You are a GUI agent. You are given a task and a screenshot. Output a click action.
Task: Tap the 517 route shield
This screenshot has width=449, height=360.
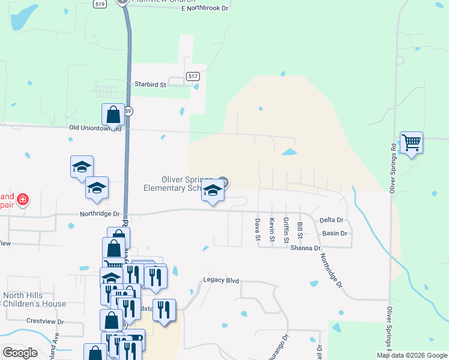(193, 76)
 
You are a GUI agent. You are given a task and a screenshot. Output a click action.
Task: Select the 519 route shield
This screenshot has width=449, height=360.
(100, 4)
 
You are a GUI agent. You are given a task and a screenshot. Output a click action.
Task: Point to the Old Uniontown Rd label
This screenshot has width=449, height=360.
(95, 128)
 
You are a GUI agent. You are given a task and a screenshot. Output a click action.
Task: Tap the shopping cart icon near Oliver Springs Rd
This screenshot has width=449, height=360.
(412, 143)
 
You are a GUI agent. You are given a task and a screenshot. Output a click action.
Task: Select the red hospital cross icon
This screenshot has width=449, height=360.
(23, 199)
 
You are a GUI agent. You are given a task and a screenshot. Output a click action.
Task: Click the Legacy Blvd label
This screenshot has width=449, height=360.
(221, 280)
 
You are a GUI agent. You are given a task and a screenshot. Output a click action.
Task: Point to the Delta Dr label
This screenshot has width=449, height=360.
(331, 220)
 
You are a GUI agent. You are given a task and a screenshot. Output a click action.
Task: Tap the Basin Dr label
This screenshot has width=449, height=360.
(335, 233)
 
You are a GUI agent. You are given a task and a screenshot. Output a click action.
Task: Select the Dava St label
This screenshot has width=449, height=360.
(258, 230)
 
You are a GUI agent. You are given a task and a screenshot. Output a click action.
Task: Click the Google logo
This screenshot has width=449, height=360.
(20, 353)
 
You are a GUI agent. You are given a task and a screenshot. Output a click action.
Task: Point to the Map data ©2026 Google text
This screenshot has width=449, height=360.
(412, 355)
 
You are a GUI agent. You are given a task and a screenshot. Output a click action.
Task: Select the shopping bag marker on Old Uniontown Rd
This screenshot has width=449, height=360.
(113, 114)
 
